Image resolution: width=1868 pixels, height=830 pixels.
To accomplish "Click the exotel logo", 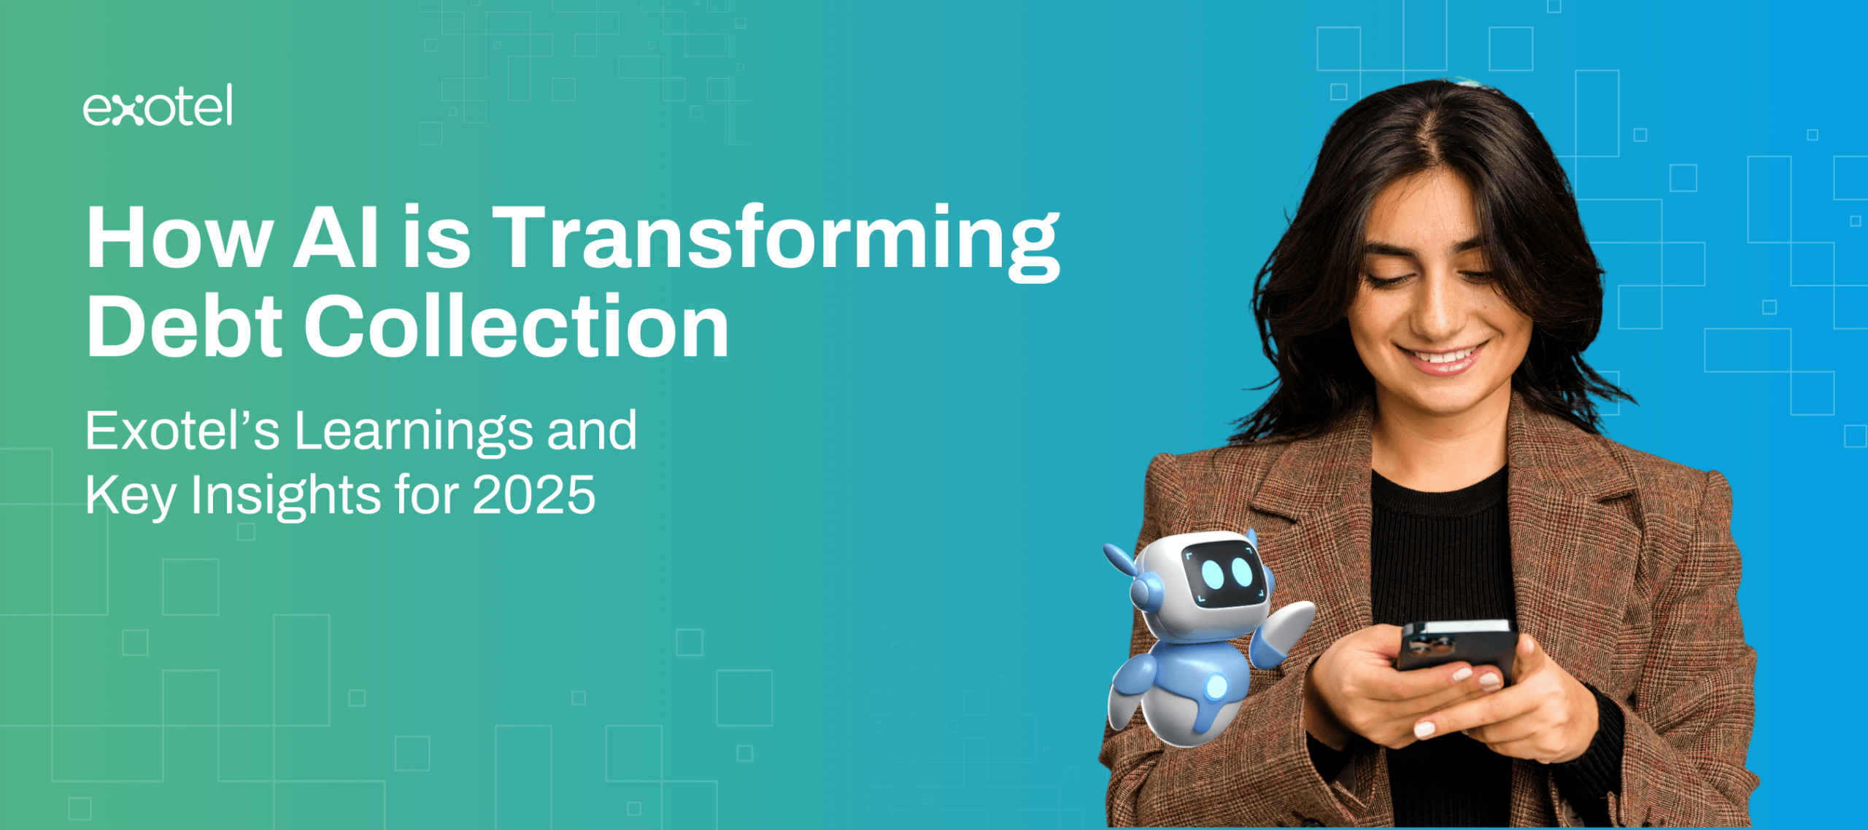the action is pos(158,105).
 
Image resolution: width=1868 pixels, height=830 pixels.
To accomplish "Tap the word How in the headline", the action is pos(180,238).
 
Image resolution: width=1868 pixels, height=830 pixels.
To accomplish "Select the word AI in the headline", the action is pos(336,238).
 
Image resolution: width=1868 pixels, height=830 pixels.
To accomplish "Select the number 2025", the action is pos(534,495).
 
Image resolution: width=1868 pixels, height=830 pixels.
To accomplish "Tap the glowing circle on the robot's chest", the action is pos(1216,686).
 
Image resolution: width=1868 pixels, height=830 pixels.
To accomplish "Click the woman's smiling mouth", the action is pos(1442,357).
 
